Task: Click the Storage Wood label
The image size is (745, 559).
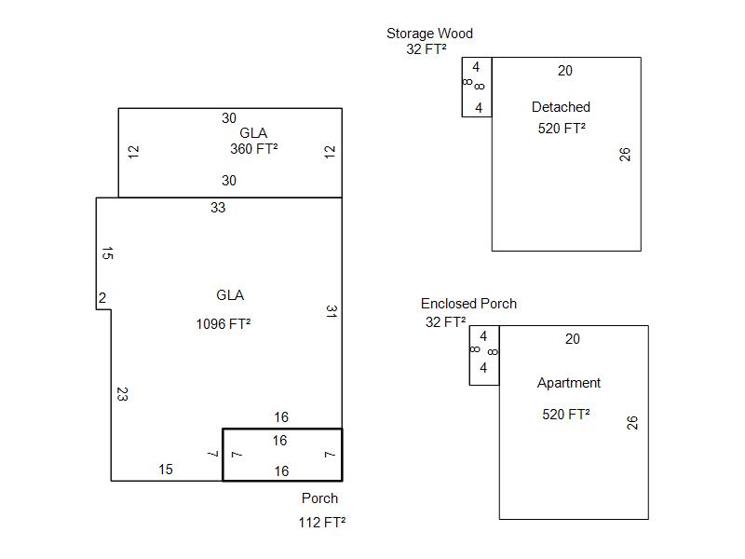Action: (429, 34)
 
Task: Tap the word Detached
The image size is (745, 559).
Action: (561, 107)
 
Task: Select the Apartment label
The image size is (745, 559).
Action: (568, 383)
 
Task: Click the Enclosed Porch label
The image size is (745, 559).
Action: (468, 304)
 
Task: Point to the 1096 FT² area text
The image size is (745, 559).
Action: (223, 324)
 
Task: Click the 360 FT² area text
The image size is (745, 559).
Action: (253, 148)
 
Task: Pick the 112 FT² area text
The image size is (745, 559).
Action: (321, 523)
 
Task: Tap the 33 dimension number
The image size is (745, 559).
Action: (218, 208)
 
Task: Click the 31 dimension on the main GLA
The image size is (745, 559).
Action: (331, 311)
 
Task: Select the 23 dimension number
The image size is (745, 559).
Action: (122, 394)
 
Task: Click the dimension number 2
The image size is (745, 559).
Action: (102, 298)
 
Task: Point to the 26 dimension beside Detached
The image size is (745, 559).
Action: (626, 154)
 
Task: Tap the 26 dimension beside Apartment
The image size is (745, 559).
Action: (633, 423)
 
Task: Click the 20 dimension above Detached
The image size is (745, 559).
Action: (565, 71)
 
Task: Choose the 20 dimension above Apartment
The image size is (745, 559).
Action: (573, 339)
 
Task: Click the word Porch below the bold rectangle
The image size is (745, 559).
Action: (319, 498)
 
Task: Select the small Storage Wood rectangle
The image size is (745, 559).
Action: (477, 87)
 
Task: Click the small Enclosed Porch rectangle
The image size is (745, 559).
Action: (484, 355)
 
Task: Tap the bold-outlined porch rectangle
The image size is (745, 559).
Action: (282, 456)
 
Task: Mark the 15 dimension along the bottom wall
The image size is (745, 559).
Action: (165, 470)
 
